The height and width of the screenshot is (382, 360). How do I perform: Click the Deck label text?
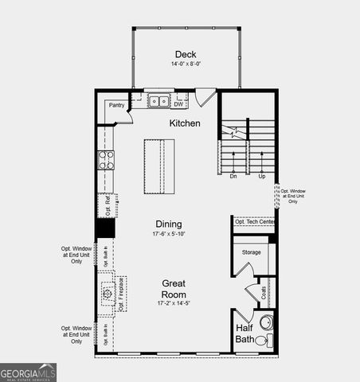pyautogui.click(x=186, y=54)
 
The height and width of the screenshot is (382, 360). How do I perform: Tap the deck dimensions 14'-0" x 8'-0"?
pyautogui.click(x=186, y=64)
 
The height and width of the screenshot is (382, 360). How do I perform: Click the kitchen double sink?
pyautogui.click(x=159, y=101)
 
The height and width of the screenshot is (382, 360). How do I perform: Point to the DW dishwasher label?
pyautogui.click(x=178, y=103)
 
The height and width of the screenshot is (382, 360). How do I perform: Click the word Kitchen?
pyautogui.click(x=185, y=123)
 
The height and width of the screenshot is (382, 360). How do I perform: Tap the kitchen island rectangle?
pyautogui.click(x=159, y=166)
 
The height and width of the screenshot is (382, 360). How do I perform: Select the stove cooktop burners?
pyautogui.click(x=105, y=160)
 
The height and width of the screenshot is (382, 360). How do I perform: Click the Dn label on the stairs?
pyautogui.click(x=233, y=177)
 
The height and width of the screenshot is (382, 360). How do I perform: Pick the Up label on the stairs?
pyautogui.click(x=262, y=177)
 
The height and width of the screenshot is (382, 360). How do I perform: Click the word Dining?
pyautogui.click(x=169, y=224)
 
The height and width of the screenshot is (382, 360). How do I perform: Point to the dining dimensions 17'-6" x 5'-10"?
pyautogui.click(x=169, y=234)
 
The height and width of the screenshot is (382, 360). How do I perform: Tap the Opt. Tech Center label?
pyautogui.click(x=254, y=221)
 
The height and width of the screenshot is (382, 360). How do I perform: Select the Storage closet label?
pyautogui.click(x=251, y=251)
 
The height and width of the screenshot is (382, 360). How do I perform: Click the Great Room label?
pyautogui.click(x=174, y=289)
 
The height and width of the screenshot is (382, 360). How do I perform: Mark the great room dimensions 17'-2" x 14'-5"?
pyautogui.click(x=174, y=303)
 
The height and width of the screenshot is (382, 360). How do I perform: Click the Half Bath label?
pyautogui.click(x=245, y=333)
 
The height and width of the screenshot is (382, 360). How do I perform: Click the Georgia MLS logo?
pyautogui.click(x=29, y=372)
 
